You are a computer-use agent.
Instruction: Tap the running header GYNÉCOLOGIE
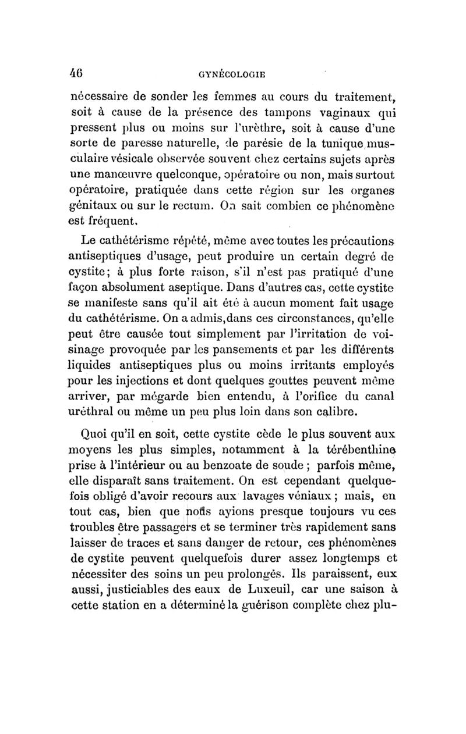(232, 74)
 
